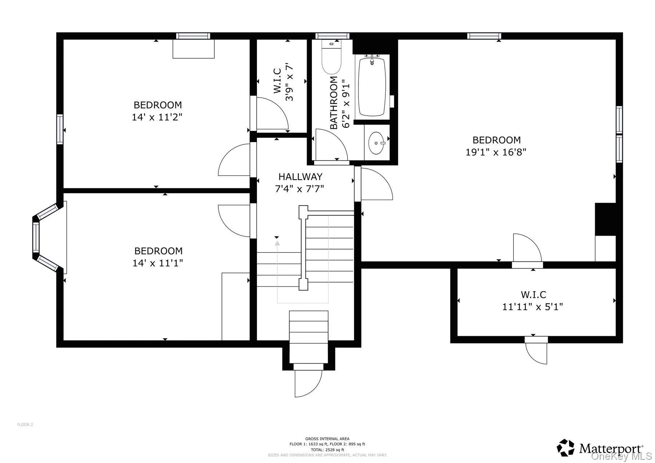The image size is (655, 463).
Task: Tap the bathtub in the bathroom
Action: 372,87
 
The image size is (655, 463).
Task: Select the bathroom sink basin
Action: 376,143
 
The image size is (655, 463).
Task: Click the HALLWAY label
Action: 300,177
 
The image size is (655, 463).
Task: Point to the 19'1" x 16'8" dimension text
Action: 496,152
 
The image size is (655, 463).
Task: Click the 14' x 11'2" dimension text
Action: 157,117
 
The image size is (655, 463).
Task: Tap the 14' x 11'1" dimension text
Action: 157,263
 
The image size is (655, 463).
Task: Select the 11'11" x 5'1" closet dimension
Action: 532,307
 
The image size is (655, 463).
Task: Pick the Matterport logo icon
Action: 565,448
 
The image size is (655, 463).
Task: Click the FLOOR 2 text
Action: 25,424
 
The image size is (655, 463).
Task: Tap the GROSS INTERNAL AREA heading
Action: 327,439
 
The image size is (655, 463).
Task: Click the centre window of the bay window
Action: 36,237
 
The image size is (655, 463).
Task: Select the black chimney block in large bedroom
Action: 605,219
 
